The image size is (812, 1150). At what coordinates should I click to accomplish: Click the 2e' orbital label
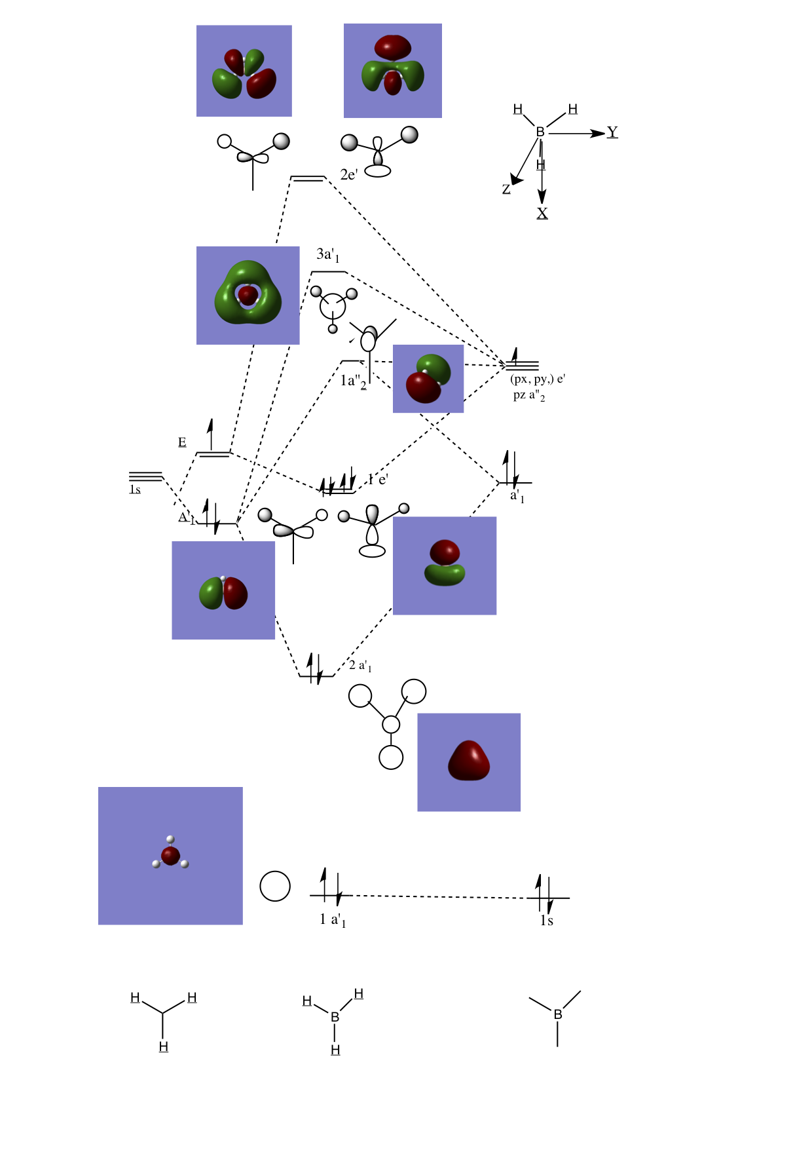tap(349, 174)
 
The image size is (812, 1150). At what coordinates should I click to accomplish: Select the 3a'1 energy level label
tap(327, 255)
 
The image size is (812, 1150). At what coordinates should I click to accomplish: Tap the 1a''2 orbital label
tap(353, 381)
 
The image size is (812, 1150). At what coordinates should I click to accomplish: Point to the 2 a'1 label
tap(360, 666)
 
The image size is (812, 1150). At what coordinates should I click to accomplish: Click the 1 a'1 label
tap(333, 920)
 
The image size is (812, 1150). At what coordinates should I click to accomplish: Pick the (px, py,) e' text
tap(537, 379)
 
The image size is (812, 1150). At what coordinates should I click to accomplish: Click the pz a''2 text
tap(529, 395)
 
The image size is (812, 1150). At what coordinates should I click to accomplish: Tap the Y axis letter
tap(612, 132)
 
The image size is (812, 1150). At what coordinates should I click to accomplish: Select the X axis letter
tap(542, 214)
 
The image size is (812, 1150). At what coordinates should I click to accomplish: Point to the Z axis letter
tap(506, 189)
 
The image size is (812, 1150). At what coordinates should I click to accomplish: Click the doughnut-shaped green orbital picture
tap(248, 295)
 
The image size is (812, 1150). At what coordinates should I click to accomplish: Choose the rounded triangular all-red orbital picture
tap(469, 762)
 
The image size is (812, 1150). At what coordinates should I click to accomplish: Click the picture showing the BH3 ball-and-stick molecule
tap(170, 856)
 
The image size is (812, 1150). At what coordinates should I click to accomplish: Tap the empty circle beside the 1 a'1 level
tap(275, 886)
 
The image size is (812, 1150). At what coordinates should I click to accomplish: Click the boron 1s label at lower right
tap(547, 921)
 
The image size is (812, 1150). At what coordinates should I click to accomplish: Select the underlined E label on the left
tap(182, 442)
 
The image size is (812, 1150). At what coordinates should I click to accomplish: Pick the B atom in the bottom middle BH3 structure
tap(335, 1017)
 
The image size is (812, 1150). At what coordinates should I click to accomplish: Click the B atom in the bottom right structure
tap(558, 1014)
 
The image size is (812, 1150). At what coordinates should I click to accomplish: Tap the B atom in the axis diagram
tap(540, 132)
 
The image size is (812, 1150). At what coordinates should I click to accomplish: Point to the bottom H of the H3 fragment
tap(164, 1047)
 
